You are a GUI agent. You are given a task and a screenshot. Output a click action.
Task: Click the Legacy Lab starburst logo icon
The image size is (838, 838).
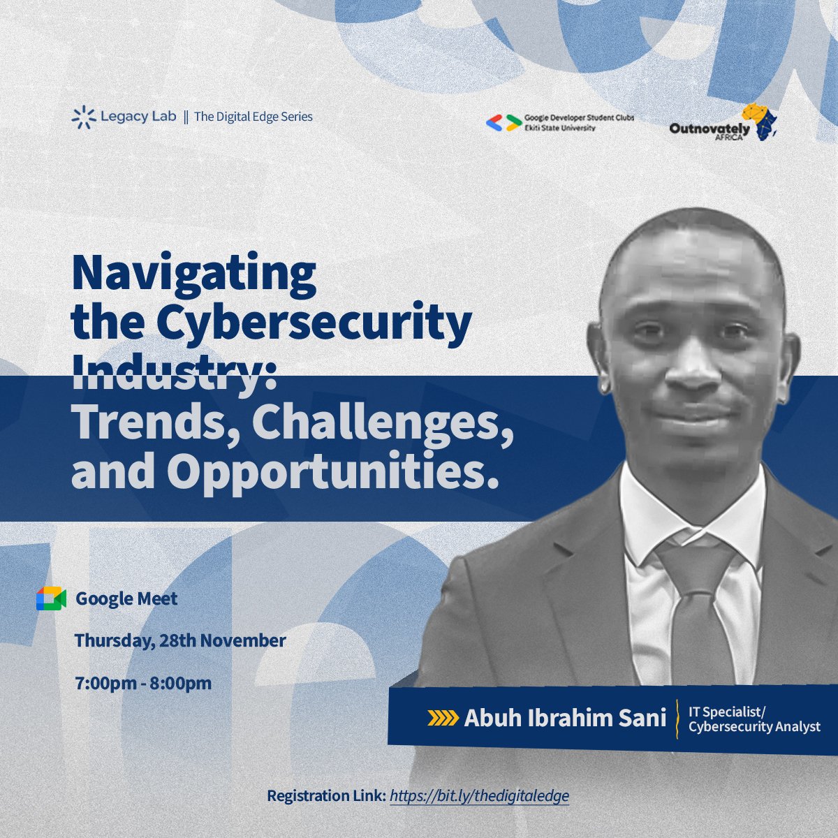click(x=83, y=117)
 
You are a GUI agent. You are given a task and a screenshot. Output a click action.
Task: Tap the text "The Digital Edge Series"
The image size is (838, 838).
click(x=253, y=117)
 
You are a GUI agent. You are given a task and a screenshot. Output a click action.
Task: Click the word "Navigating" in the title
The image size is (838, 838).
click(x=194, y=273)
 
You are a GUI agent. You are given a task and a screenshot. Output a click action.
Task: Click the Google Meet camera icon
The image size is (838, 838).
click(x=51, y=598)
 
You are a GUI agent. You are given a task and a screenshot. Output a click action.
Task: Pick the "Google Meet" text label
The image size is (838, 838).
click(x=126, y=598)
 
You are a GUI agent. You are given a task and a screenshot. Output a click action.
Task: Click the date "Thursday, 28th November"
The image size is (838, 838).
click(x=180, y=640)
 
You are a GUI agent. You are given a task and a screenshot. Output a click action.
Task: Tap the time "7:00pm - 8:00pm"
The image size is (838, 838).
click(x=143, y=682)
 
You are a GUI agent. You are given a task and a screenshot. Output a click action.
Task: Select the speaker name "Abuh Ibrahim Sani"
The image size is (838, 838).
click(x=565, y=719)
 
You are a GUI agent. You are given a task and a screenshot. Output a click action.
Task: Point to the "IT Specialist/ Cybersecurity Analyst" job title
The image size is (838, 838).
click(x=754, y=719)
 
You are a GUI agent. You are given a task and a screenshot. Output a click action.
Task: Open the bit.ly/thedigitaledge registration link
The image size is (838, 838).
click(x=479, y=796)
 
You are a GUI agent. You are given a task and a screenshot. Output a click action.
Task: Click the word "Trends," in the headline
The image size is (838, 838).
click(x=151, y=422)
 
